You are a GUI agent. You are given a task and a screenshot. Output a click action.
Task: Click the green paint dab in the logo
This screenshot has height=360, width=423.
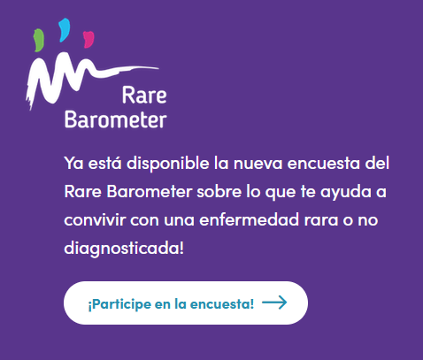[39, 40]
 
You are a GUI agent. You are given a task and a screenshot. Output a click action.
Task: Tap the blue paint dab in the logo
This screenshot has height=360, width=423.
[64, 30]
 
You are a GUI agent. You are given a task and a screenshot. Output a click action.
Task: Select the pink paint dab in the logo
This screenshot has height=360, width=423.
[88, 40]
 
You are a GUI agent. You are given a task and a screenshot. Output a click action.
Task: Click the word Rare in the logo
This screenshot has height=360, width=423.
[144, 96]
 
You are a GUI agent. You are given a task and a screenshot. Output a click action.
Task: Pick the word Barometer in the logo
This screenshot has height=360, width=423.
[116, 119]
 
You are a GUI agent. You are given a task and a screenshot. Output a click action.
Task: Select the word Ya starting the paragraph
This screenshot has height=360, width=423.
[73, 163]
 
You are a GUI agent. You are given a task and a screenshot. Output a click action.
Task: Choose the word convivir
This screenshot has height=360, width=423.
[95, 219]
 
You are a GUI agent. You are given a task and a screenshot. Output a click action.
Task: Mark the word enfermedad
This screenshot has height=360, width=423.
[250, 219]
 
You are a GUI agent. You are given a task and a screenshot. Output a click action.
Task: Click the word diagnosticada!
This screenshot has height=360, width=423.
[124, 249]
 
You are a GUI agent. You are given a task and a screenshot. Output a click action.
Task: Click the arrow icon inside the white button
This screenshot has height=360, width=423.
[274, 303]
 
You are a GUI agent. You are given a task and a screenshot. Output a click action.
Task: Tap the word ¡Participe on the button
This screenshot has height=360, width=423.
[119, 304]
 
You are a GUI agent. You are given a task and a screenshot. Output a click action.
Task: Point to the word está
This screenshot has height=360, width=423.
[104, 163]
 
